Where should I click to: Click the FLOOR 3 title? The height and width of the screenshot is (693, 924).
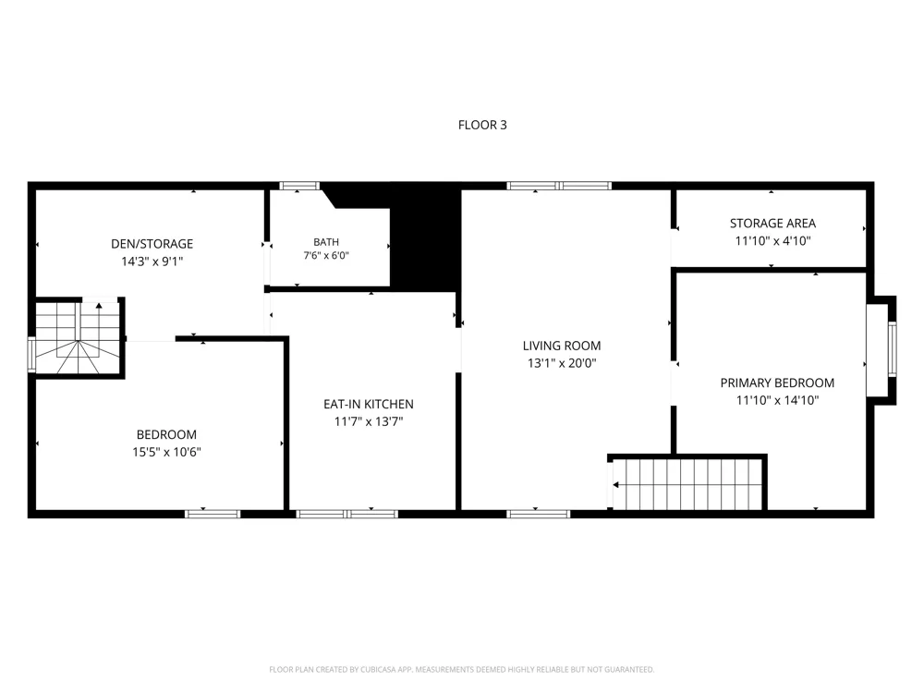(x=482, y=125)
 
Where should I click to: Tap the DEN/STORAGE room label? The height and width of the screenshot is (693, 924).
(x=152, y=244)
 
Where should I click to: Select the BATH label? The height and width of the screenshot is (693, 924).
(x=326, y=242)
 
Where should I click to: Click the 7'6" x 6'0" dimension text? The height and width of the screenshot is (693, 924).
(x=326, y=256)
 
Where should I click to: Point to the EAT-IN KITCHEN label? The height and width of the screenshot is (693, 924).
(x=369, y=405)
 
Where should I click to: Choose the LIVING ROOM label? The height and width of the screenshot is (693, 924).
(x=562, y=346)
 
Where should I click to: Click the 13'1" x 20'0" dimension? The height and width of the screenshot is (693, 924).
(x=562, y=363)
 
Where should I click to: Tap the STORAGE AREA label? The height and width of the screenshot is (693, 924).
(x=772, y=224)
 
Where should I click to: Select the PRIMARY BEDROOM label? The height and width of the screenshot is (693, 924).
(x=777, y=383)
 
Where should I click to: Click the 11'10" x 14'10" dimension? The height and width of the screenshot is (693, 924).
(x=777, y=401)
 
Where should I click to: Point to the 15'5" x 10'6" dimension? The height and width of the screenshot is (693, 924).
(x=166, y=452)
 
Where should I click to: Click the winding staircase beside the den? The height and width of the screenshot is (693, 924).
(x=78, y=337)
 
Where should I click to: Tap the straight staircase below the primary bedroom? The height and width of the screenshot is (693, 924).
(x=687, y=484)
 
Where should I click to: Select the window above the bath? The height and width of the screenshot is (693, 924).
(x=299, y=186)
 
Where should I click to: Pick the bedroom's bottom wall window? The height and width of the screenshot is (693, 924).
(x=213, y=514)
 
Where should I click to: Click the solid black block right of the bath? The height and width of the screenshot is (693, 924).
(x=425, y=248)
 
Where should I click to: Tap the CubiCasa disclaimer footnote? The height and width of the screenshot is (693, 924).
(x=461, y=669)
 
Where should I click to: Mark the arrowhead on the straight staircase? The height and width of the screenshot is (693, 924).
(x=615, y=485)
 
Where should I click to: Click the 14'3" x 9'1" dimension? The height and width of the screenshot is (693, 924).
(x=152, y=261)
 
